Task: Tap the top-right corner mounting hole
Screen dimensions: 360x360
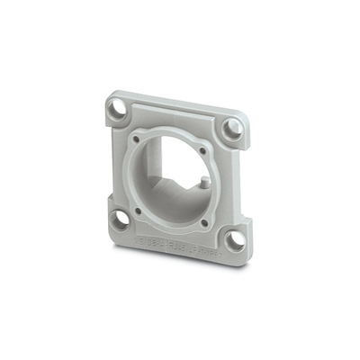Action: [232, 128]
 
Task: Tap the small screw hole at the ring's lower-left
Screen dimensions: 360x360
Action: [139, 210]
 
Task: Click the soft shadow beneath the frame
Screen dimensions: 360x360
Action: [180, 269]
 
